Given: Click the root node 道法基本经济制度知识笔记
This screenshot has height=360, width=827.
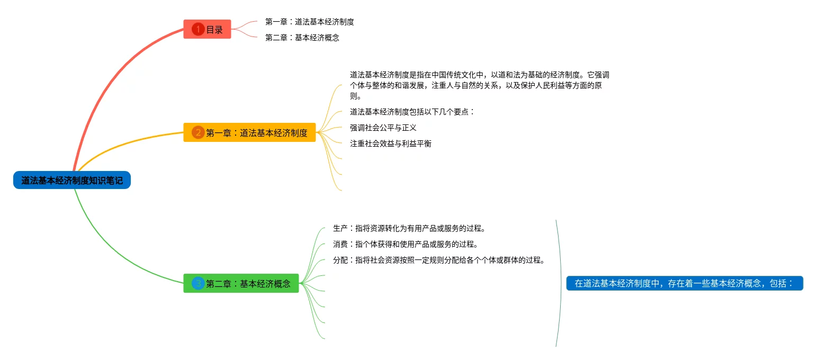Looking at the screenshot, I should pyautogui.click(x=72, y=181).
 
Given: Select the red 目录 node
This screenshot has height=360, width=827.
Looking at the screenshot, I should pyautogui.click(x=208, y=30).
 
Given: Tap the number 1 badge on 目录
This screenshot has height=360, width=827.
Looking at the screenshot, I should pyautogui.click(x=197, y=30).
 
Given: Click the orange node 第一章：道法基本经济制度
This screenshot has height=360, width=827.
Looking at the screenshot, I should pyautogui.click(x=249, y=132).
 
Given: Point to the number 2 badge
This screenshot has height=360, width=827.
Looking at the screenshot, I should pyautogui.click(x=197, y=132).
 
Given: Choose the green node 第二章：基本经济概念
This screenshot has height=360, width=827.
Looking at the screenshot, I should pyautogui.click(x=241, y=283).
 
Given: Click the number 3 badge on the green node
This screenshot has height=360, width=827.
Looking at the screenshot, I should pyautogui.click(x=197, y=283).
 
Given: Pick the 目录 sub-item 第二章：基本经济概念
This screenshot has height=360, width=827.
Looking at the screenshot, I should pyautogui.click(x=302, y=38).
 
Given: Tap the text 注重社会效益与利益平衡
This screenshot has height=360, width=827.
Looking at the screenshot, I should pyautogui.click(x=391, y=143).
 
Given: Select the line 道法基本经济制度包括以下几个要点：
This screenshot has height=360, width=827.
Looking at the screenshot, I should pyautogui.click(x=412, y=112).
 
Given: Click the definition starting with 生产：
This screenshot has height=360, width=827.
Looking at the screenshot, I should pyautogui.click(x=409, y=229).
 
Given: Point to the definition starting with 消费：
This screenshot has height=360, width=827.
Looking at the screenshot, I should pyautogui.click(x=406, y=245).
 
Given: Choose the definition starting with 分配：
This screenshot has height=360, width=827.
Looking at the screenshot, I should pyautogui.click(x=439, y=260).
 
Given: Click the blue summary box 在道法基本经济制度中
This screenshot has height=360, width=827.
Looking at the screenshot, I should pyautogui.click(x=685, y=283).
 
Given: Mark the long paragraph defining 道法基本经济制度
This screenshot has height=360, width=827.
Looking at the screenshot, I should pyautogui.click(x=479, y=85).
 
